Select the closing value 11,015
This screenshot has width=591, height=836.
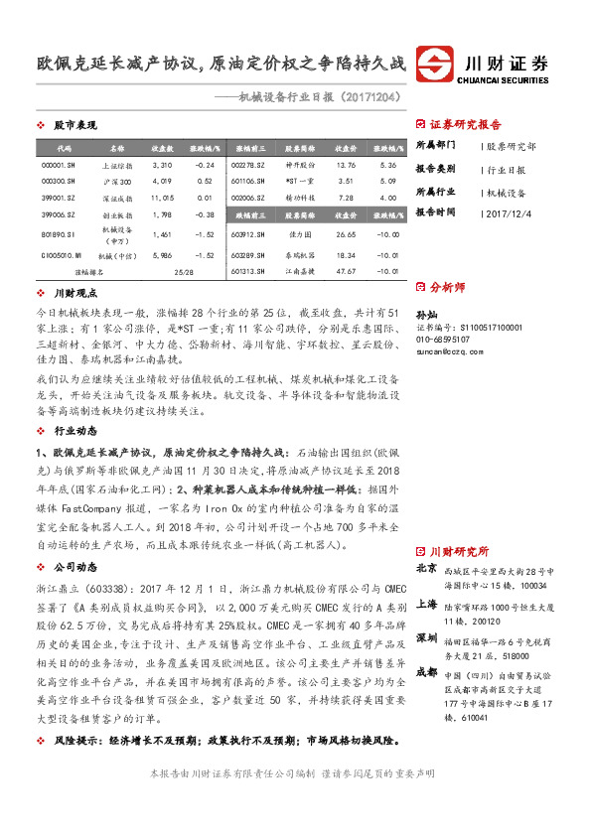[163, 200]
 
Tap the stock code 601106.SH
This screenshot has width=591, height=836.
[247, 182]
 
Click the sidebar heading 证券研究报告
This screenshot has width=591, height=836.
[466, 125]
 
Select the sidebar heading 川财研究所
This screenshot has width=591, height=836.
[459, 551]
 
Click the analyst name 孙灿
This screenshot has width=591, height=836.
[426, 311]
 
